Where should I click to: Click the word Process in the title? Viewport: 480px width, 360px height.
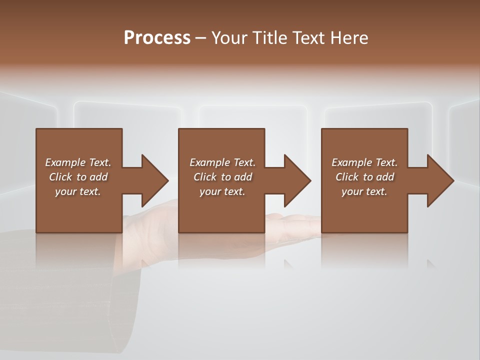157,38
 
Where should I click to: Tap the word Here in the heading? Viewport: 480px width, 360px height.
348,38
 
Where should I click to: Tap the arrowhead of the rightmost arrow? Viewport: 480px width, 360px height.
440,180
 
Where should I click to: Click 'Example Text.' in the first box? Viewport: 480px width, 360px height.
78,162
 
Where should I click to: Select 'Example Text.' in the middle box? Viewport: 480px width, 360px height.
222,162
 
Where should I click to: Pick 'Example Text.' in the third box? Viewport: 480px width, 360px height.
364,162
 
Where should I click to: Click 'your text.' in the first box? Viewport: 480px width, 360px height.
78,191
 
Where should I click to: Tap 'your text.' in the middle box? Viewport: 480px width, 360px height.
222,191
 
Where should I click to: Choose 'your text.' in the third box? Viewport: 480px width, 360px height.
364,191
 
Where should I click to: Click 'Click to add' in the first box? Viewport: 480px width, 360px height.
78,177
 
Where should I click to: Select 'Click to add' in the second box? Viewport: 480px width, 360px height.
222,177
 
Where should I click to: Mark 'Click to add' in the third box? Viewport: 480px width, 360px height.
364,177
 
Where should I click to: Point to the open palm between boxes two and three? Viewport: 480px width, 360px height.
292,222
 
